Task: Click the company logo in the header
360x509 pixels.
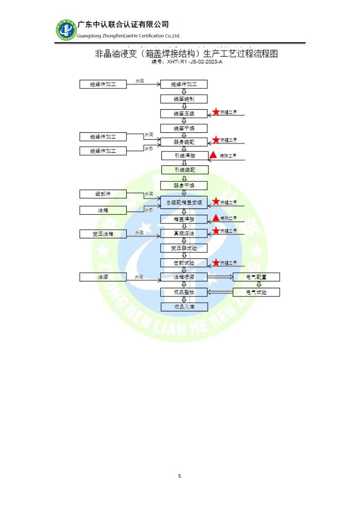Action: point(66,30)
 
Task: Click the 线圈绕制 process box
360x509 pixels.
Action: point(184,99)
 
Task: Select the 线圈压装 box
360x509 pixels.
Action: point(184,114)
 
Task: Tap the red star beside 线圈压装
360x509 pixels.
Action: point(216,112)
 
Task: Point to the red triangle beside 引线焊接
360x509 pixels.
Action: point(213,155)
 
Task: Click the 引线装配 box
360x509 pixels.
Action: point(185,170)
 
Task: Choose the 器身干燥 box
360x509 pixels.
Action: point(184,185)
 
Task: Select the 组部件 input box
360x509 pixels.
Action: point(103,194)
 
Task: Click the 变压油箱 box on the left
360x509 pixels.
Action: point(103,234)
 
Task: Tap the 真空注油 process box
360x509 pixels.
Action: point(184,233)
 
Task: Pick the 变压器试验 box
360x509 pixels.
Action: point(184,248)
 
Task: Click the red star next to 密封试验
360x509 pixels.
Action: point(216,262)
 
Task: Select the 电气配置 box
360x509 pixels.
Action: point(256,277)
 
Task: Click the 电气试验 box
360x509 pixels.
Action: point(256,292)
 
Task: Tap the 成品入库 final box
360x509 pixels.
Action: point(184,307)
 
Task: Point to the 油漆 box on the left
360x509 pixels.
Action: point(103,277)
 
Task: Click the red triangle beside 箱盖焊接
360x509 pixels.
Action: point(216,218)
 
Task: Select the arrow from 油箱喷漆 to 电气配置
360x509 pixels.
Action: point(220,277)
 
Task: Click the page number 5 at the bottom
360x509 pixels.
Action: point(180,476)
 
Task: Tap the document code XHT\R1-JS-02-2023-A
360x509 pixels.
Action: point(187,62)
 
